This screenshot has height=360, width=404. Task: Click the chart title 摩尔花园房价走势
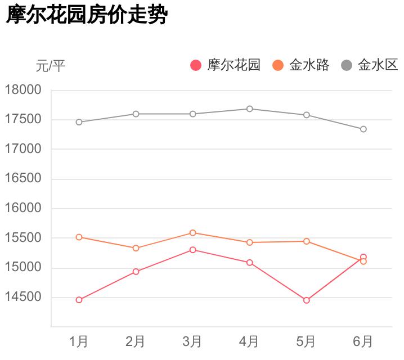87,16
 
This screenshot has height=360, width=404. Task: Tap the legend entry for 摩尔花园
225,65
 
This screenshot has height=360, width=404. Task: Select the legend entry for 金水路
300,65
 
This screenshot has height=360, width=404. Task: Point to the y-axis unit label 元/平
51,66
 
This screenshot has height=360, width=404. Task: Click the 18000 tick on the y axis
23,90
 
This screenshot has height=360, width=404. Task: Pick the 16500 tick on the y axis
23,179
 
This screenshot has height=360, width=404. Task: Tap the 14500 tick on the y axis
23,297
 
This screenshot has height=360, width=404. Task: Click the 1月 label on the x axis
79,341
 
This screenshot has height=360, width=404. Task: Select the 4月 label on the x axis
249,341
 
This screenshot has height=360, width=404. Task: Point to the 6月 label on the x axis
363,341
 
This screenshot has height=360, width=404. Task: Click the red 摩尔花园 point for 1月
79,300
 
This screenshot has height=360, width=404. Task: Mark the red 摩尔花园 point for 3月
193,250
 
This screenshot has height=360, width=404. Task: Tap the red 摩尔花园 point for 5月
307,300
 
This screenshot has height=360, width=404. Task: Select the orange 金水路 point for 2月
136,248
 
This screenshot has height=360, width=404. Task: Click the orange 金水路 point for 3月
193,232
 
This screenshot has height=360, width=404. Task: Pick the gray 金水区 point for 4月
250,109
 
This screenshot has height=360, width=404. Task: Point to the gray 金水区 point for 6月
363,129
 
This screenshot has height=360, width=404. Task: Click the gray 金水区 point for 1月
79,122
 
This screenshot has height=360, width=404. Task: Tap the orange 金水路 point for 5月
307,241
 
